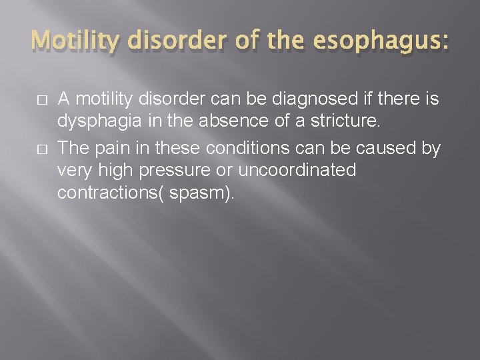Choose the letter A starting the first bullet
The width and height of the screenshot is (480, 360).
(64, 100)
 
